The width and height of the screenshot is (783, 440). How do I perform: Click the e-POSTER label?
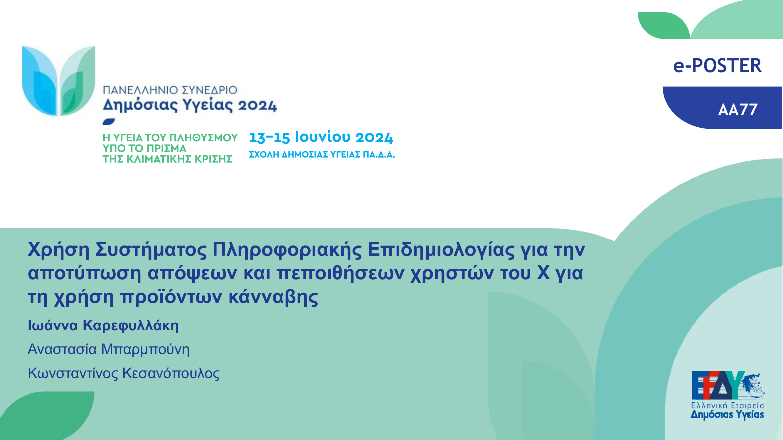click(x=717, y=66)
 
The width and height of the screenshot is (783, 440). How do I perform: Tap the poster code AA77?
click(x=738, y=110)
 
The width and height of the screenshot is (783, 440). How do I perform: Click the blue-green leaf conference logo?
click(x=58, y=81)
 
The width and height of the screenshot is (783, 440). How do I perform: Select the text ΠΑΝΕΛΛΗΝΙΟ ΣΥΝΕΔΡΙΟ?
click(x=170, y=90)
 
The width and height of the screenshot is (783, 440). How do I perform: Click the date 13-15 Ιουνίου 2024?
click(x=321, y=137)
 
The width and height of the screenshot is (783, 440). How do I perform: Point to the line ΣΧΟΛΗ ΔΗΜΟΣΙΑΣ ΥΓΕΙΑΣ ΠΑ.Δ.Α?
click(x=322, y=155)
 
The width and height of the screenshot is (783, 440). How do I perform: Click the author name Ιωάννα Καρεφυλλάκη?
click(x=103, y=326)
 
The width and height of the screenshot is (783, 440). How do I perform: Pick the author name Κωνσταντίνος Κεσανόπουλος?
click(x=124, y=373)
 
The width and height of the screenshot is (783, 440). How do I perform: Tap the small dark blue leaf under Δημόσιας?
click(x=109, y=121)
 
